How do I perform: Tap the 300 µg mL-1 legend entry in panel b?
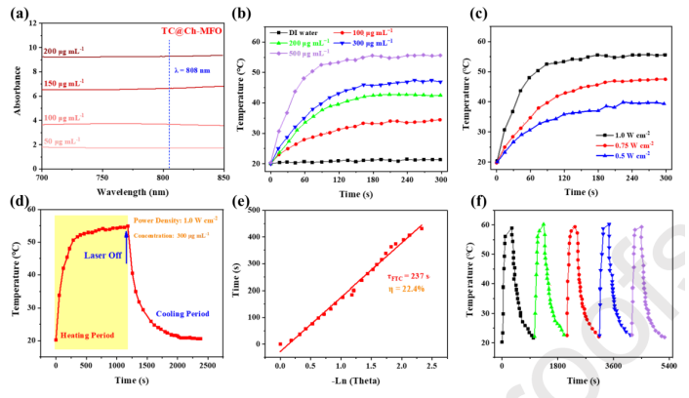376,43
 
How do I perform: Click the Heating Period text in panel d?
91,334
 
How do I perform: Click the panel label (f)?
475,208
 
